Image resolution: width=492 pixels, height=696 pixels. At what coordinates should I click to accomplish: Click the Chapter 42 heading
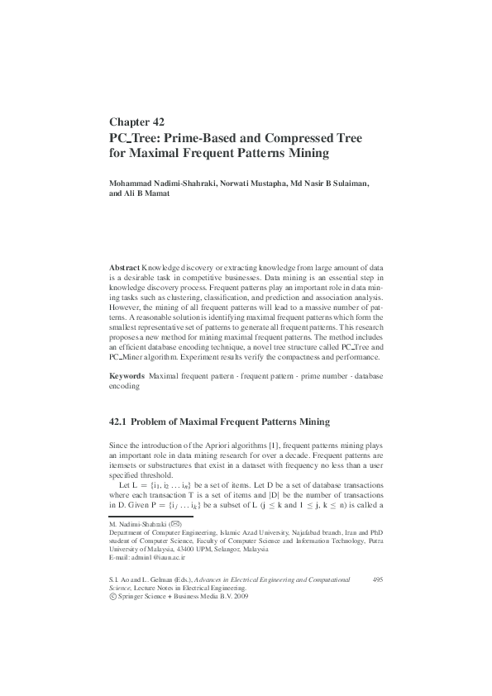click(137, 121)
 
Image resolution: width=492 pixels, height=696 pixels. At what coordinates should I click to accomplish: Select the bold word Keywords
click(127, 376)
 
